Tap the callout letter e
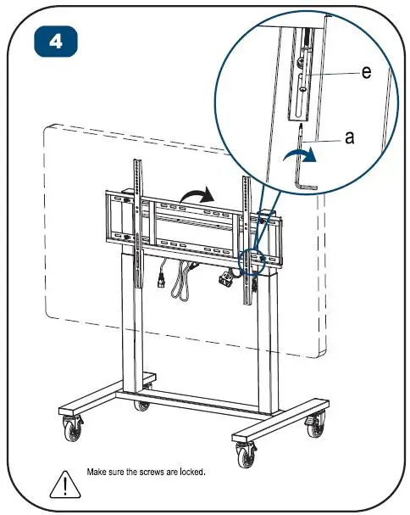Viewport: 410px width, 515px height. [365, 73]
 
